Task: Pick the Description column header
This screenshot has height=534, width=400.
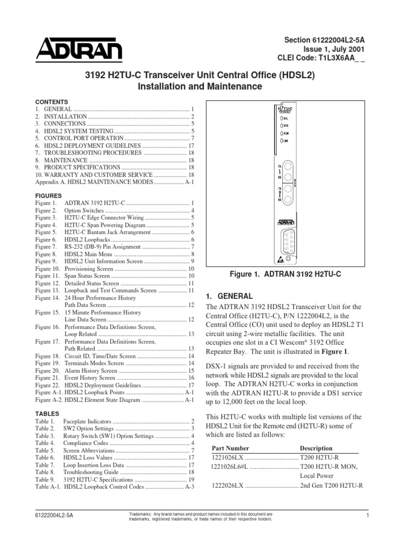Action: click(316, 448)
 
